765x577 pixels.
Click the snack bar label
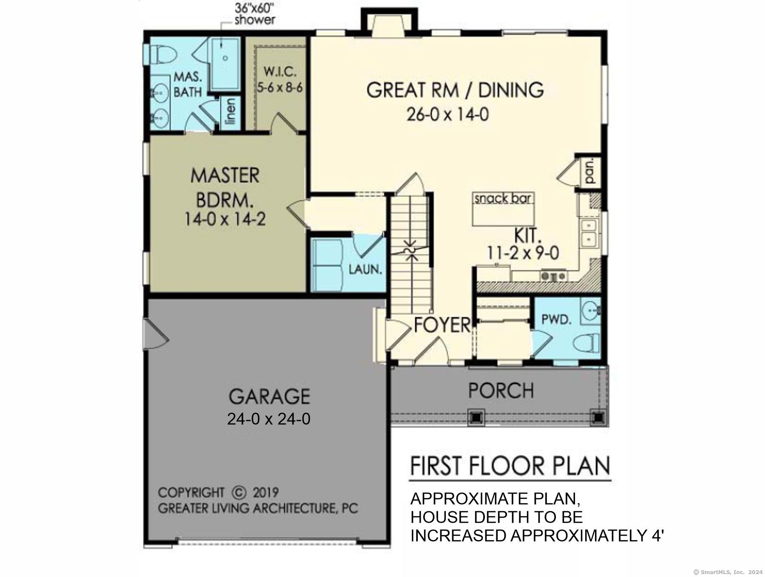coord(503,198)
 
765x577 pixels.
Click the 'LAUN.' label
coord(365,269)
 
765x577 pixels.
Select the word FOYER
coord(442,325)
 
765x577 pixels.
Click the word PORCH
coord(501,390)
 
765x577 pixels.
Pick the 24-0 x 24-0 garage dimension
coord(269,419)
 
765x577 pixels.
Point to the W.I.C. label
coord(279,71)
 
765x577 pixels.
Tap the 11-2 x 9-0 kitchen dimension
coord(523,253)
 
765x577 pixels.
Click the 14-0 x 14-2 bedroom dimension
coord(225,219)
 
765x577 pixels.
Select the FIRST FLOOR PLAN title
coord(510,466)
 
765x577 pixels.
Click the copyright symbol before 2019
coord(239,492)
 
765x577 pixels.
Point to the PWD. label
coord(556,319)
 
